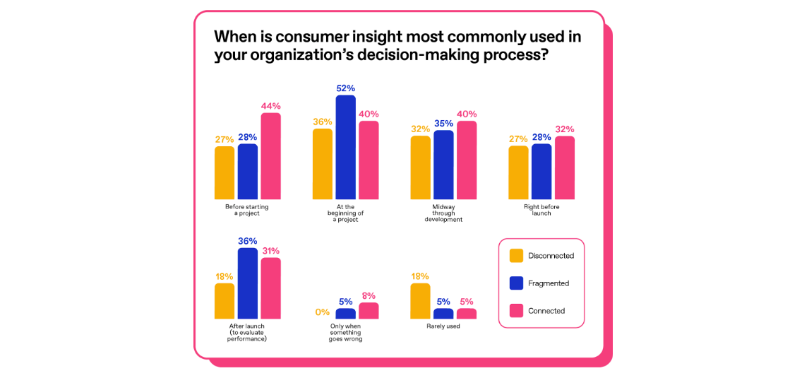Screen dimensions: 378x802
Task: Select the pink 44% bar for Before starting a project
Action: pos(270,156)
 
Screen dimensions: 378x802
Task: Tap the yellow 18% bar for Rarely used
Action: pos(420,301)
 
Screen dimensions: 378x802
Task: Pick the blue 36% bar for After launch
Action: pos(248,283)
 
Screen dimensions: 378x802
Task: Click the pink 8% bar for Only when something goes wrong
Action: pos(369,311)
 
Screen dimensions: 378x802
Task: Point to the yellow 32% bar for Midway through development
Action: pos(420,167)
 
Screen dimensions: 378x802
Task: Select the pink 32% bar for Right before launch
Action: pos(564,167)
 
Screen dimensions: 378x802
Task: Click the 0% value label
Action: pos(322,312)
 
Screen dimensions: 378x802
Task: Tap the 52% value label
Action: pos(345,88)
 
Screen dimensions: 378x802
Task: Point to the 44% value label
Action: pos(270,106)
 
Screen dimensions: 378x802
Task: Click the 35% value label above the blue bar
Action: pos(443,123)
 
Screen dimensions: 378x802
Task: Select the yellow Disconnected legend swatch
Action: pos(516,256)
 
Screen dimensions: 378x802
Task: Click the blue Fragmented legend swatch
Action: pos(516,283)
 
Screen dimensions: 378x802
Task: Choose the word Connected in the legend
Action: pos(546,311)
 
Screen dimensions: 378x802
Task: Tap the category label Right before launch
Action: pos(541,210)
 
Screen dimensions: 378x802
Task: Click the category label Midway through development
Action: pos(443,213)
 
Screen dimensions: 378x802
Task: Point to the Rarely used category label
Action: pos(443,326)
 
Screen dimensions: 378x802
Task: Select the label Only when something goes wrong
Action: pos(345,333)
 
